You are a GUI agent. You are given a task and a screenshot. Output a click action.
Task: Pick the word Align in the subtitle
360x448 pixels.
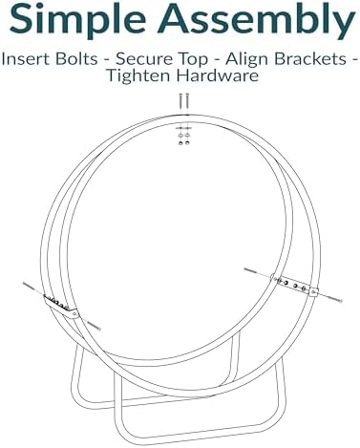point(247,60)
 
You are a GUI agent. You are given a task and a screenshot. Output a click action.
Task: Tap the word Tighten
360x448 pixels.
point(139,76)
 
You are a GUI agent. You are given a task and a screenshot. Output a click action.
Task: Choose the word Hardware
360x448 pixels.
point(218,75)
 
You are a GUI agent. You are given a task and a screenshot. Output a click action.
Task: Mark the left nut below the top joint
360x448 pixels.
point(180,143)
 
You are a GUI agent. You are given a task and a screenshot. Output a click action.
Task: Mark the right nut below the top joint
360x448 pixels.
point(187,143)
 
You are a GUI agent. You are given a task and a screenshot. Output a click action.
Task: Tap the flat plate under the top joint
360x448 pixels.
point(184,128)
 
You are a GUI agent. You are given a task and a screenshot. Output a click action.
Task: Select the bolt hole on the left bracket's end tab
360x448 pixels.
point(74,314)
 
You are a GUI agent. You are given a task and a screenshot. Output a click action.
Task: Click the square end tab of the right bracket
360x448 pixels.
point(314,292)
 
